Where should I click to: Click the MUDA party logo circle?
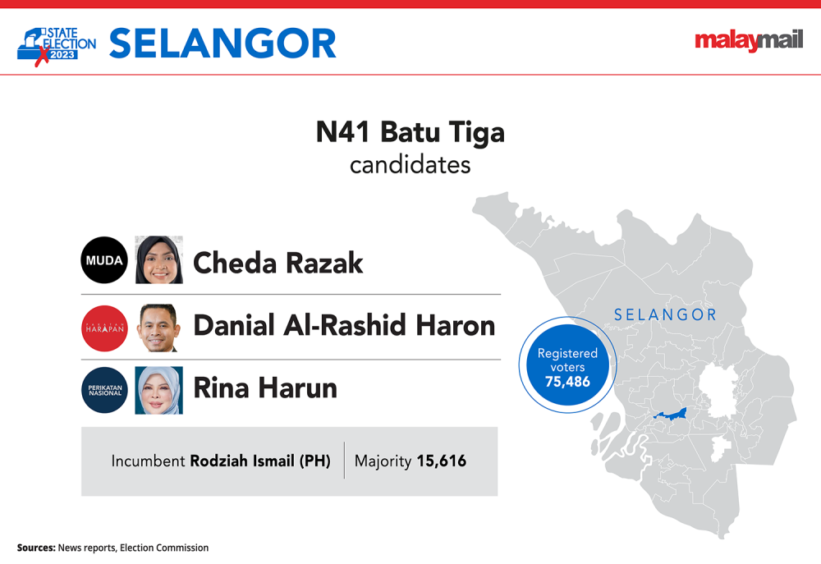pyautogui.click(x=104, y=259)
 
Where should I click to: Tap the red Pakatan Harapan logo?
pyautogui.click(x=104, y=328)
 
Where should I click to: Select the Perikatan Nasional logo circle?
pyautogui.click(x=104, y=390)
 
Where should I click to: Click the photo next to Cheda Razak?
pyautogui.click(x=159, y=259)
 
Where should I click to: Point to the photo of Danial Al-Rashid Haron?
pyautogui.click(x=159, y=328)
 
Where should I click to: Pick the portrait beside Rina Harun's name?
pyautogui.click(x=159, y=390)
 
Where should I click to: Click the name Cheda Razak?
pyautogui.click(x=278, y=263)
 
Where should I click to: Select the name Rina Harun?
pyautogui.click(x=265, y=388)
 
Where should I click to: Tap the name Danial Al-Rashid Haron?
pyautogui.click(x=345, y=325)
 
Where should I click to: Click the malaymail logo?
pyautogui.click(x=749, y=39)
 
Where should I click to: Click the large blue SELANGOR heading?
pyautogui.click(x=222, y=44)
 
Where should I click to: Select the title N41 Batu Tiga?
pyautogui.click(x=410, y=132)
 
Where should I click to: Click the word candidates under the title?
pyautogui.click(x=410, y=165)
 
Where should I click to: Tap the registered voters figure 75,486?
pyautogui.click(x=567, y=382)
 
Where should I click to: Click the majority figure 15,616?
pyautogui.click(x=442, y=461)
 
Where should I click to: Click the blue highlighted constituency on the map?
pyautogui.click(x=672, y=415)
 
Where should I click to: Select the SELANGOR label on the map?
pyautogui.click(x=666, y=314)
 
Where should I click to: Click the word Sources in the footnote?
pyautogui.click(x=36, y=548)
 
